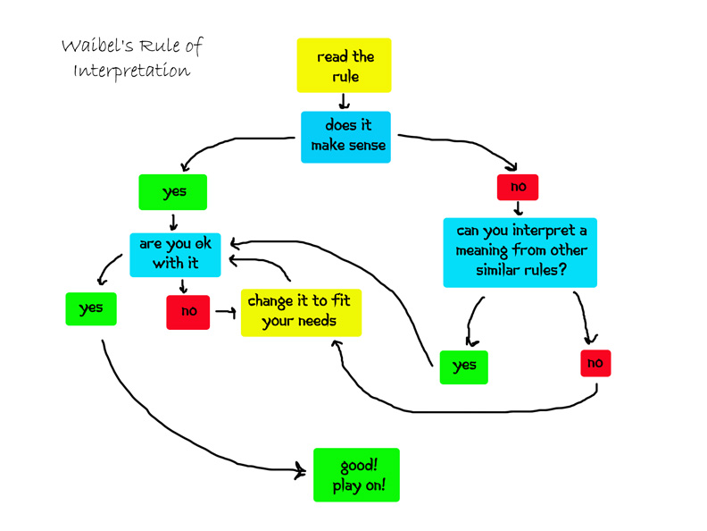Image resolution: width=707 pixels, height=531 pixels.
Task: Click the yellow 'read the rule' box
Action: pyautogui.click(x=344, y=65)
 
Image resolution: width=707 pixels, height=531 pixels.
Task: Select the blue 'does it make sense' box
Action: pyautogui.click(x=345, y=136)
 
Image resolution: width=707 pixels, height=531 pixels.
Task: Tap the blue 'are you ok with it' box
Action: pyautogui.click(x=175, y=254)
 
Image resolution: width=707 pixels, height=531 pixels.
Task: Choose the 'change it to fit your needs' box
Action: pyautogui.click(x=301, y=311)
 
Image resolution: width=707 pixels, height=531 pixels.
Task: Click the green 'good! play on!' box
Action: pyautogui.click(x=356, y=475)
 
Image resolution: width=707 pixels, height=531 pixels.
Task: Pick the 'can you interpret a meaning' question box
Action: pyautogui.click(x=520, y=251)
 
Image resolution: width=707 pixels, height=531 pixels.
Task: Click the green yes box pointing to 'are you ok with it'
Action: pyautogui.click(x=173, y=192)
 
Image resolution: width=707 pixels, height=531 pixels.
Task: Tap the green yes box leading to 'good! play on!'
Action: pyautogui.click(x=91, y=308)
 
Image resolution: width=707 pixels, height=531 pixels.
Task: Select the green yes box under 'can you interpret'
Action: pyautogui.click(x=464, y=366)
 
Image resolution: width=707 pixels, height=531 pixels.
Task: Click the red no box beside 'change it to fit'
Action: pyautogui.click(x=187, y=312)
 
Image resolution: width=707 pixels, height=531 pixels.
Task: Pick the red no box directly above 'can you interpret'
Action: pyautogui.click(x=518, y=187)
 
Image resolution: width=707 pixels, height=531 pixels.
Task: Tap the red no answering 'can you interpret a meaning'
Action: pyautogui.click(x=595, y=363)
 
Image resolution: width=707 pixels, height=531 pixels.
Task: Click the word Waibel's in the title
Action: pyautogui.click(x=96, y=46)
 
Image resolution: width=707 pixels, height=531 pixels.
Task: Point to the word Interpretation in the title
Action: pyautogui.click(x=131, y=72)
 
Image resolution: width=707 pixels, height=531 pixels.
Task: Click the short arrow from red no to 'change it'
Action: pyautogui.click(x=225, y=313)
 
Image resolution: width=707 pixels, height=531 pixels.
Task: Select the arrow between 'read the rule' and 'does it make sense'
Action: pyautogui.click(x=344, y=102)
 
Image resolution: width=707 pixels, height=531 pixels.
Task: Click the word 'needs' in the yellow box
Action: pyautogui.click(x=318, y=321)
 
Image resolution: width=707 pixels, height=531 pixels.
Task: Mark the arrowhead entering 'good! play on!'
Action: pyautogui.click(x=301, y=470)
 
